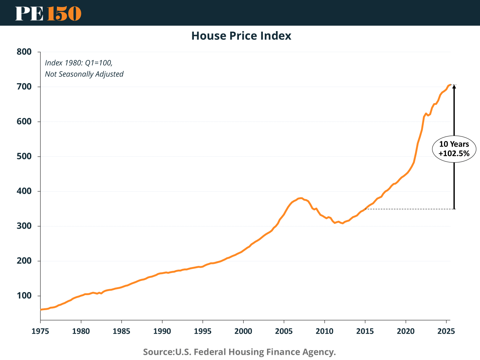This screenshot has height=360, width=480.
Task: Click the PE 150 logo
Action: tap(48, 13)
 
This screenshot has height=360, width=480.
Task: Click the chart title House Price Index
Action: tap(241, 36)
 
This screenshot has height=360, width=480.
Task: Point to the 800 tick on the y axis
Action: tap(24, 52)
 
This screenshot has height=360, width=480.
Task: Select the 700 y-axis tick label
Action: tap(24, 87)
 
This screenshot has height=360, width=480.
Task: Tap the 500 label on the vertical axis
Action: tap(24, 156)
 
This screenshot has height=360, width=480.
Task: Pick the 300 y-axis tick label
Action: tap(24, 226)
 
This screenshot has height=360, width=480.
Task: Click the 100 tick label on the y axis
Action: tap(24, 296)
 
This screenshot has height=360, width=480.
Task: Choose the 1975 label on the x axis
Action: tap(40, 331)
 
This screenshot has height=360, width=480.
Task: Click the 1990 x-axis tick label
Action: tap(162, 331)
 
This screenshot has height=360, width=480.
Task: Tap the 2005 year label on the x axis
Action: tap(284, 331)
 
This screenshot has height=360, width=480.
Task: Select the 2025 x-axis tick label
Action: tap(446, 331)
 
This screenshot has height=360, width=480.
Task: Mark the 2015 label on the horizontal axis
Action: tap(365, 331)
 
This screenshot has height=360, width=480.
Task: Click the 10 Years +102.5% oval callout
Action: tap(454, 149)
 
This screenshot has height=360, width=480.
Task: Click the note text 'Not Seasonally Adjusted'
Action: tap(84, 74)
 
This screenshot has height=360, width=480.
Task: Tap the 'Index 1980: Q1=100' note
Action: tap(79, 63)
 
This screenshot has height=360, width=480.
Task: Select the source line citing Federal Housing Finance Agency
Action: tap(239, 352)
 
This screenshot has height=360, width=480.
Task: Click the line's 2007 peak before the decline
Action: tap(301, 198)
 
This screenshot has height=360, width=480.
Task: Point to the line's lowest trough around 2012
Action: tap(342, 223)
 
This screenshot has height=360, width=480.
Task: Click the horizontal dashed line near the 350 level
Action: tap(409, 209)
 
